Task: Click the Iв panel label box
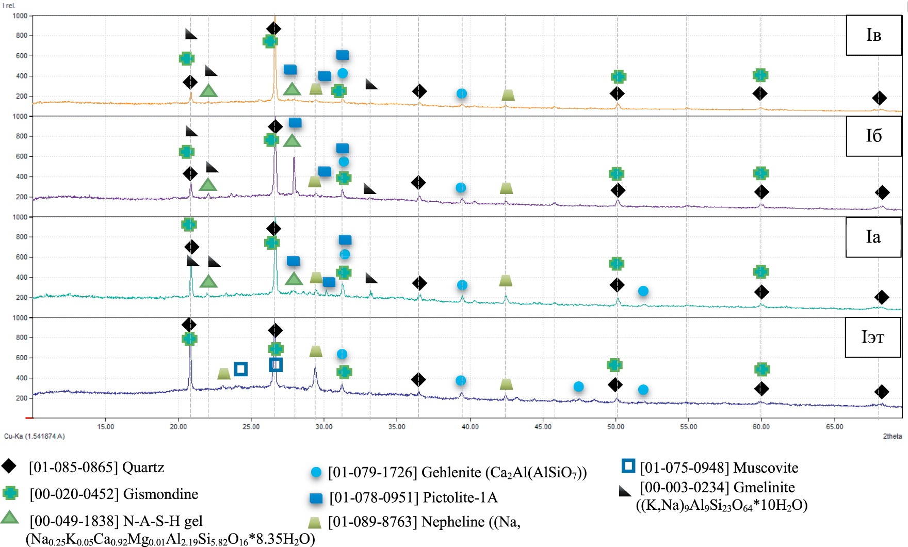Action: [x=873, y=35]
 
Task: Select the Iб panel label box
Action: [x=873, y=136]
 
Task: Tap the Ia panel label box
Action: [x=873, y=237]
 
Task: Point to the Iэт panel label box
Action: [x=872, y=337]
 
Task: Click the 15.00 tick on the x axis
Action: [x=106, y=427]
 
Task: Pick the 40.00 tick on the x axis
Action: [x=470, y=427]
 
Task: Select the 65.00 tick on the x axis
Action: [x=834, y=427]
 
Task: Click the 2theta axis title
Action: [x=892, y=436]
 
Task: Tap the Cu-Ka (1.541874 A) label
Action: [x=35, y=436]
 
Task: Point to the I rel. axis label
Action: [x=9, y=6]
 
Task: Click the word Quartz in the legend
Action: [x=143, y=468]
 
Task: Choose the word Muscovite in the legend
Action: [x=766, y=468]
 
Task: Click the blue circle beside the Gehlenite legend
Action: [x=316, y=472]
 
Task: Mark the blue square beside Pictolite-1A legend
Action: [x=316, y=498]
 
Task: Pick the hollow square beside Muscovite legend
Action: [x=628, y=466]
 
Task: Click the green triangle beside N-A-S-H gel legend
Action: [x=10, y=517]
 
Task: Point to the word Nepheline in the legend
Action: [x=453, y=522]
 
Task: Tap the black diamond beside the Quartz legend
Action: [x=9, y=466]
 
